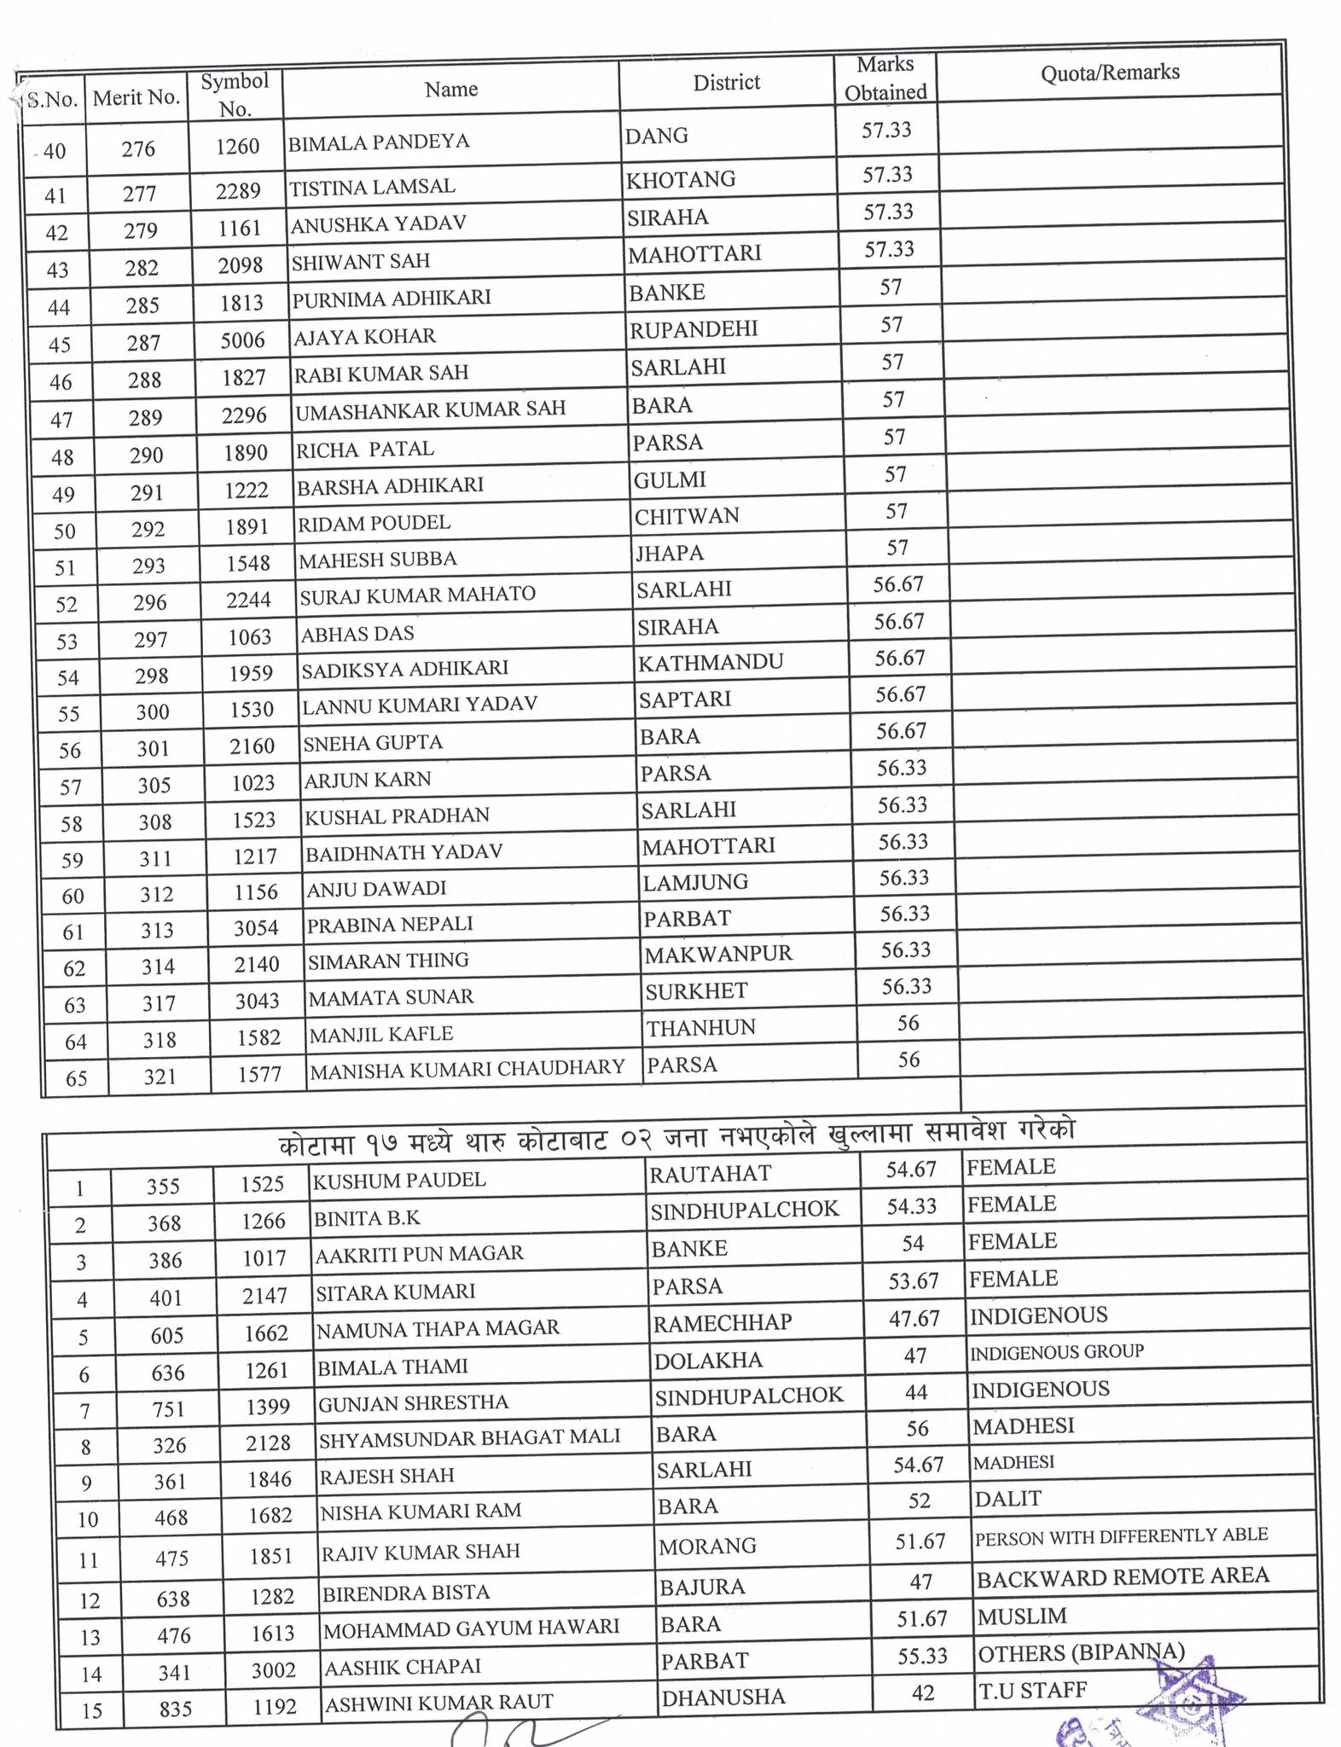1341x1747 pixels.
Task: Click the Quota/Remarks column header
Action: [1109, 73]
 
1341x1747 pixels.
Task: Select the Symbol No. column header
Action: [235, 95]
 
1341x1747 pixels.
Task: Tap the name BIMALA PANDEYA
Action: [379, 142]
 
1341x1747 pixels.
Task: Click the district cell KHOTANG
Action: [681, 180]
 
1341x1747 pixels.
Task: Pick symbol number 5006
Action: [242, 340]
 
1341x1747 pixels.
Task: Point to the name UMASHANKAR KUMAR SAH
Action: [430, 409]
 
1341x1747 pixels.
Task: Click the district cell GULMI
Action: [670, 480]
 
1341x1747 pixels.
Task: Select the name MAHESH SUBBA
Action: [377, 560]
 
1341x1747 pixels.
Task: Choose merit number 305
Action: [154, 785]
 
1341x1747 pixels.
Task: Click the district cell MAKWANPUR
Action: [718, 955]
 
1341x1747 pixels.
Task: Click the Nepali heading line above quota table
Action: [676, 1132]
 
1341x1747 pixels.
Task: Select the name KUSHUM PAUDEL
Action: [399, 1181]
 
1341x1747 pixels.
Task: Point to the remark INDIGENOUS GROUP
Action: [1057, 1352]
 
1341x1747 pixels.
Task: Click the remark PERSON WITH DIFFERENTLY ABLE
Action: [1121, 1536]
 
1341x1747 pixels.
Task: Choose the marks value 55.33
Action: [922, 1656]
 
